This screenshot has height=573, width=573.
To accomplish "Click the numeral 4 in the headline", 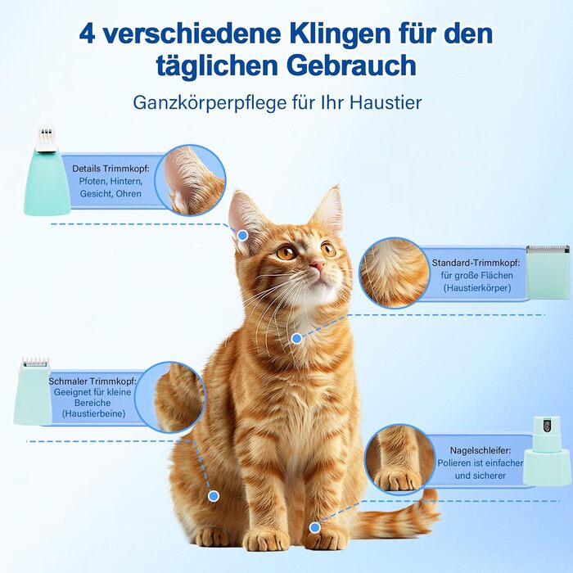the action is click(88, 34).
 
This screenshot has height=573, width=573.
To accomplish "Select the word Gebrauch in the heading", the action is click(354, 65).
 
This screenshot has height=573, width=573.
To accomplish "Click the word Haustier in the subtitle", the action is click(386, 102).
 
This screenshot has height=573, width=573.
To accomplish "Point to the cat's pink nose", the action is click(317, 264).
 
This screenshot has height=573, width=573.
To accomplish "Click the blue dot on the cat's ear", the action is click(242, 236).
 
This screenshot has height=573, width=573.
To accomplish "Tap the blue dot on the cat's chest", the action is click(296, 339).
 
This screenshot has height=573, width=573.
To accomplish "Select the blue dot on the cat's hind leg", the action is click(214, 496).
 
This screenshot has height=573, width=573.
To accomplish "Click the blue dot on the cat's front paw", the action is click(314, 527).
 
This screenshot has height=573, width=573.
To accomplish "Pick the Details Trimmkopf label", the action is click(111, 169).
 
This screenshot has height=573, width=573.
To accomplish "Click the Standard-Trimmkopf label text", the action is click(476, 263).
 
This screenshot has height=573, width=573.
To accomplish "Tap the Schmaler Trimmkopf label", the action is click(92, 381).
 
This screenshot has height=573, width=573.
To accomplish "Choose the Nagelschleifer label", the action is click(481, 450).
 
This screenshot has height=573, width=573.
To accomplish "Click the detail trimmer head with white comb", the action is click(47, 172).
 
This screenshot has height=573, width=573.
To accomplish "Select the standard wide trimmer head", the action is click(548, 273).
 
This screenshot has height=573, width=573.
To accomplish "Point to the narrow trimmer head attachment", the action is click(33, 391).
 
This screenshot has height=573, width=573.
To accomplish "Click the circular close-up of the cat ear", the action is click(190, 180).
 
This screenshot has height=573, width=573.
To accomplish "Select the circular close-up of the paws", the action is click(400, 459).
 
